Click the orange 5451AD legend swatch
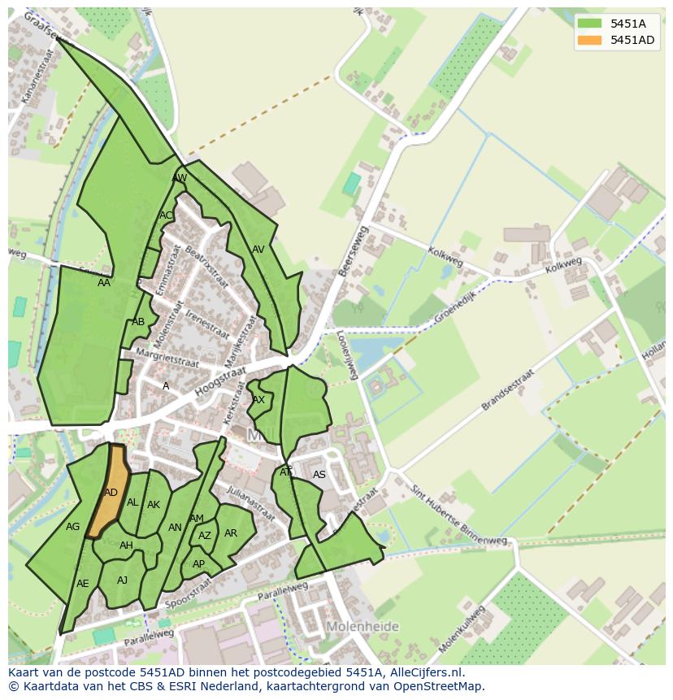click(590, 40)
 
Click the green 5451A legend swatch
click(590, 23)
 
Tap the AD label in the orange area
click(111, 493)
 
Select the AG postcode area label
click(73, 527)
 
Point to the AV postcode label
click(258, 250)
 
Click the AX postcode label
click(258, 400)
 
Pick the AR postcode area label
click(231, 533)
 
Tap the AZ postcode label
click(205, 536)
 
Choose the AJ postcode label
click(123, 580)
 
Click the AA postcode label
click(104, 283)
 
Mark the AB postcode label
click(138, 322)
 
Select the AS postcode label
click(319, 475)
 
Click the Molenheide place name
click(363, 627)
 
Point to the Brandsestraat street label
click(508, 391)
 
